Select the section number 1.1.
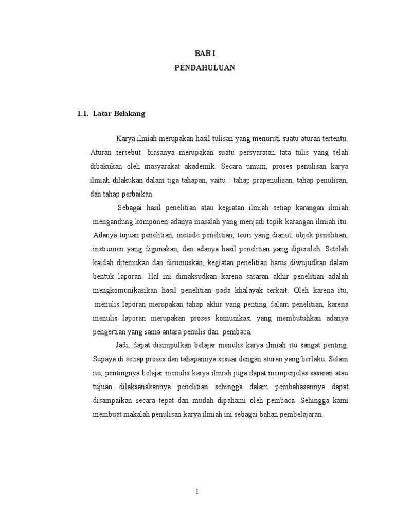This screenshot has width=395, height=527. [x=83, y=114]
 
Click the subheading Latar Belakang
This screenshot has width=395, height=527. [x=119, y=114]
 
